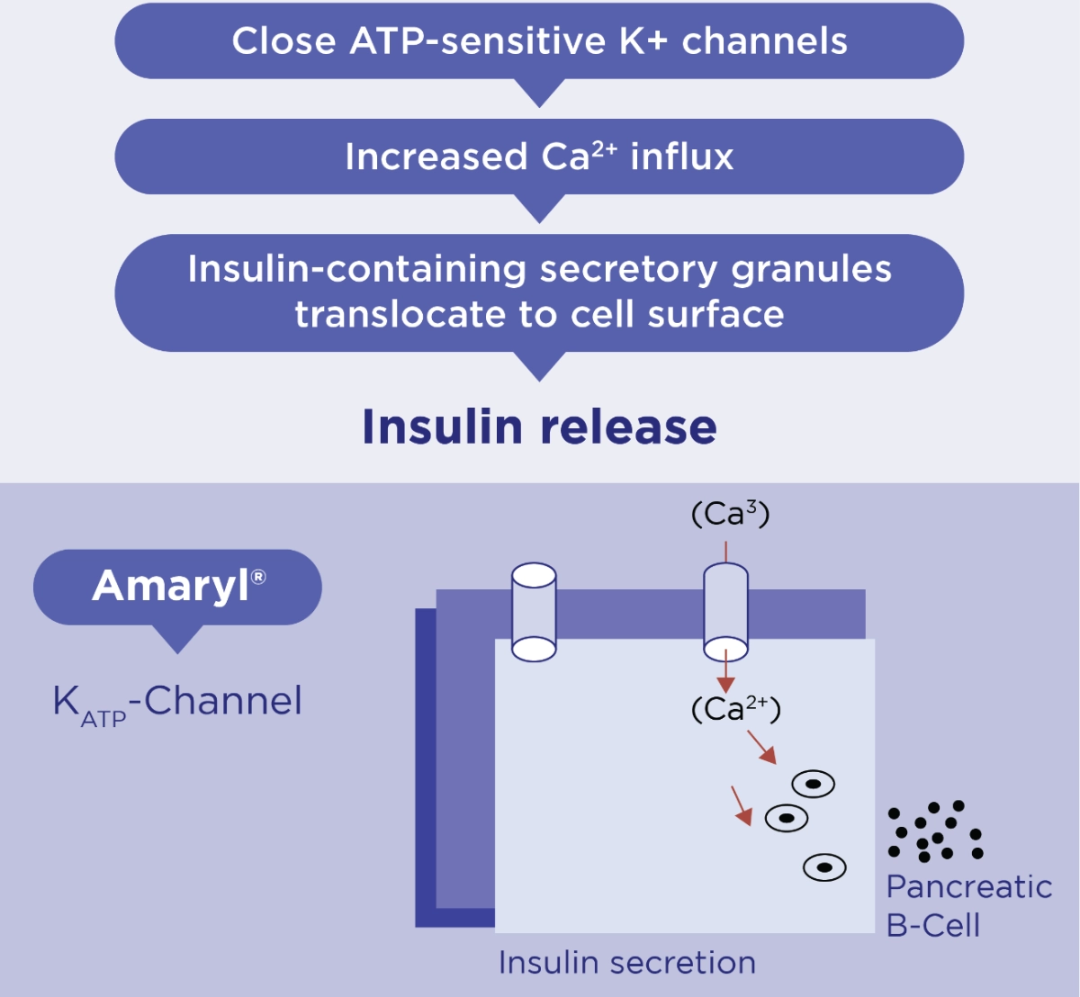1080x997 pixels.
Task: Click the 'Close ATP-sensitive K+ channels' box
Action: pos(539,41)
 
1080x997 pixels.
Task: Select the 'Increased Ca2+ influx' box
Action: pos(539,157)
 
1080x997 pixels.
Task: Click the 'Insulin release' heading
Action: pos(539,427)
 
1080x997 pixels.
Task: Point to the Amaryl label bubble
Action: pos(177,587)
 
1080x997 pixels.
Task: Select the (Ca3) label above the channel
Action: pos(730,515)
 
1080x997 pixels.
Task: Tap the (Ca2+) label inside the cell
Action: pos(735,709)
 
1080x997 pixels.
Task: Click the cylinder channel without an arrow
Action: pos(534,612)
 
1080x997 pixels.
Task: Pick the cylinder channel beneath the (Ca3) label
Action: pos(725,612)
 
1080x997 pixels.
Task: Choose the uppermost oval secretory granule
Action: pos(813,784)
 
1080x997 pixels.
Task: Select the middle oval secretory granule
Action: pos(786,818)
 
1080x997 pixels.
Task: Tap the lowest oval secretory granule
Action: pos(824,867)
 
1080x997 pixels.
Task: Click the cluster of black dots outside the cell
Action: pos(935,831)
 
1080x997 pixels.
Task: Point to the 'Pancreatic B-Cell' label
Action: pos(968,905)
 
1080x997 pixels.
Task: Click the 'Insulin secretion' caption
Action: pos(626,963)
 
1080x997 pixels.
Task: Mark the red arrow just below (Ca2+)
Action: pos(761,748)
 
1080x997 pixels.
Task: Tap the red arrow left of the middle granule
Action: pos(742,805)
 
